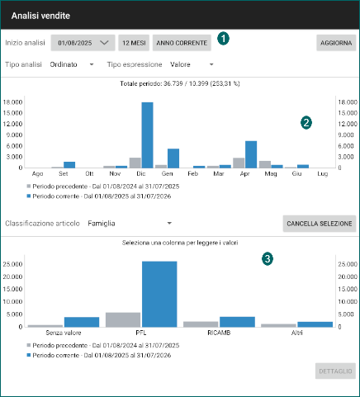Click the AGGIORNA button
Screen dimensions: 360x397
[336, 43]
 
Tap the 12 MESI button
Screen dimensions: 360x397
[134, 43]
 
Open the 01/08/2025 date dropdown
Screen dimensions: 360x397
[83, 43]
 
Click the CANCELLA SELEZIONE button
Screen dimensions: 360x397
[320, 224]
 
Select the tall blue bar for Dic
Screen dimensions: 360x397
[147, 135]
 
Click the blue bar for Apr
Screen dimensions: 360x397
[251, 154]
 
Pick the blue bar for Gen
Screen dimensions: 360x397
[173, 158]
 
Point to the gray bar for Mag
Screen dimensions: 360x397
[265, 164]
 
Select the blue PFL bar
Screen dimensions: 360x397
[159, 294]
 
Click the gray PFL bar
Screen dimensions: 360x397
[123, 319]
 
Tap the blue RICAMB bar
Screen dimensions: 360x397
[237, 322]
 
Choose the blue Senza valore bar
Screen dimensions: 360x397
[82, 322]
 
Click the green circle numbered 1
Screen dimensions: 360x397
[223, 39]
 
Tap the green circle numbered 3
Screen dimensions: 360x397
[268, 259]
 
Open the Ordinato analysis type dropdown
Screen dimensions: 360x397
[72, 64]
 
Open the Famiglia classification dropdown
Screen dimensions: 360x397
[130, 224]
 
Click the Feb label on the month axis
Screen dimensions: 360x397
[192, 173]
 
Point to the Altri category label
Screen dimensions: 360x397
[297, 333]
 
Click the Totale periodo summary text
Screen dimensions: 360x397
[180, 83]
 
